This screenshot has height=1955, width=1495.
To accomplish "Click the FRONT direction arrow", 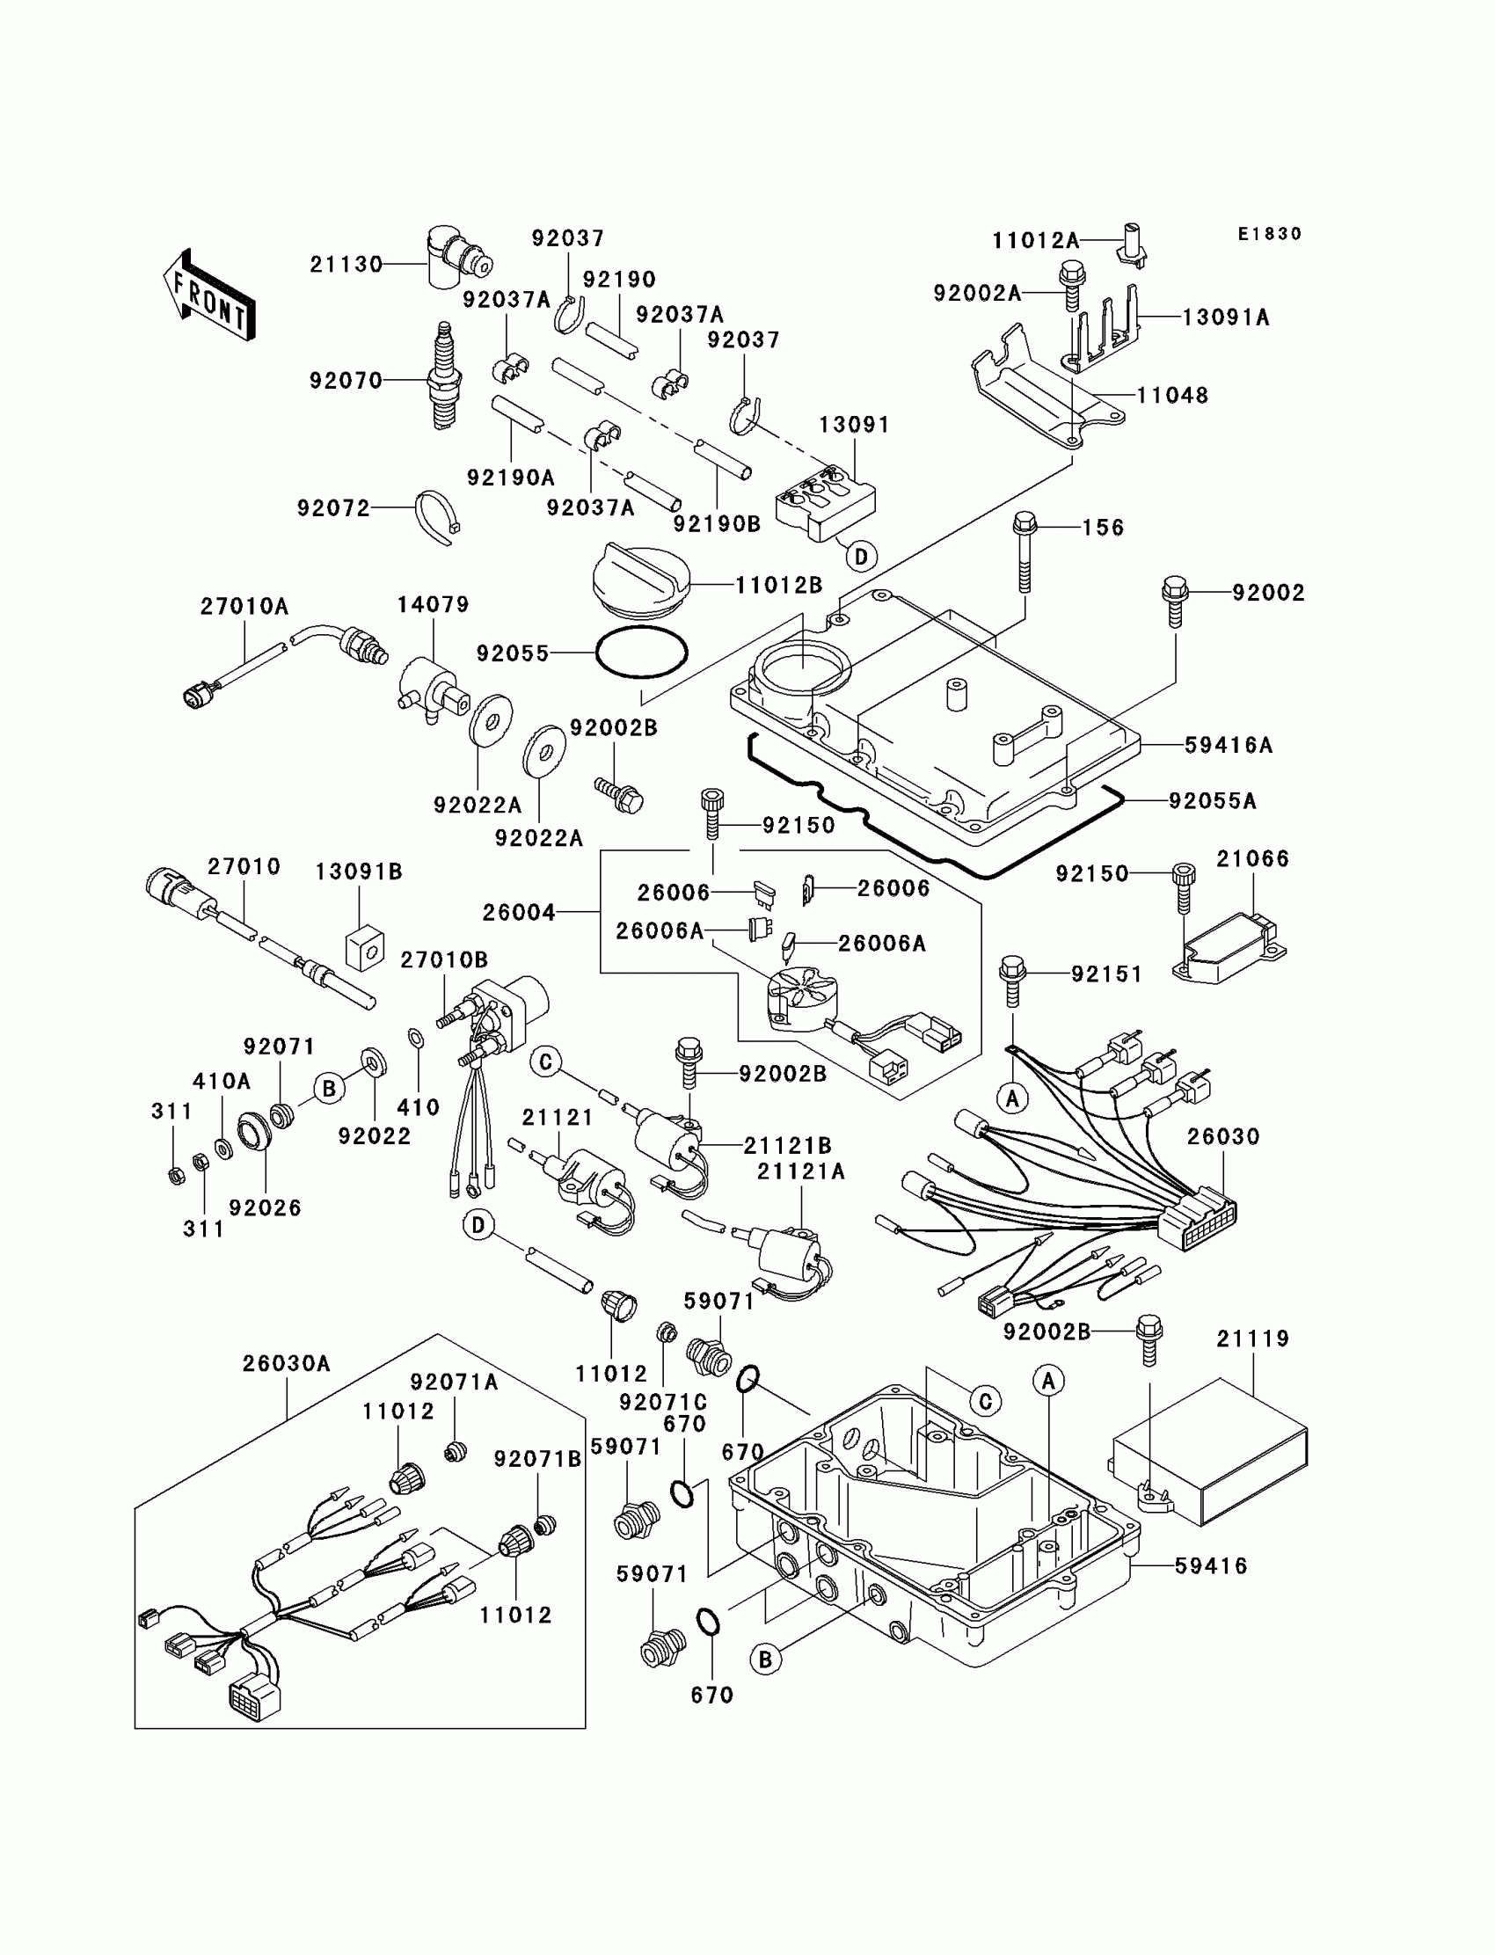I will [210, 295].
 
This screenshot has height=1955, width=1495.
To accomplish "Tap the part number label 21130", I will [346, 265].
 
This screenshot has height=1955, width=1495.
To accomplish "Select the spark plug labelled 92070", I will [442, 376].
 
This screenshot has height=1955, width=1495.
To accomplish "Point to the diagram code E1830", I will [1270, 234].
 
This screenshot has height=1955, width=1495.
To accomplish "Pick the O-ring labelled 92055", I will [642, 653].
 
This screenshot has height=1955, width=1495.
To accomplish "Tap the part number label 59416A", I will [1228, 746].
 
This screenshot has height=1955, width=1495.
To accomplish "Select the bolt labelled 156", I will [1025, 551].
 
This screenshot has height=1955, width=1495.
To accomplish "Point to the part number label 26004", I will [519, 912].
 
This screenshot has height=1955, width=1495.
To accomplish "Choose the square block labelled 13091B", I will [363, 949].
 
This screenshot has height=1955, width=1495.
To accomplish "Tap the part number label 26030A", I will [287, 1364].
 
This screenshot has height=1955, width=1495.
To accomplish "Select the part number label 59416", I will [1211, 1566].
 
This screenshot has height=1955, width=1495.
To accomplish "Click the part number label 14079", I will [433, 605].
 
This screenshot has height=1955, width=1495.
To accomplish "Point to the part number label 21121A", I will [801, 1172].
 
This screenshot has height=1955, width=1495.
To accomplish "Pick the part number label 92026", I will [266, 1207].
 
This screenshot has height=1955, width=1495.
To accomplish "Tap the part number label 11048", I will [1173, 395].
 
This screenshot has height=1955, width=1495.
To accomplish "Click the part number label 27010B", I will [444, 960].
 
